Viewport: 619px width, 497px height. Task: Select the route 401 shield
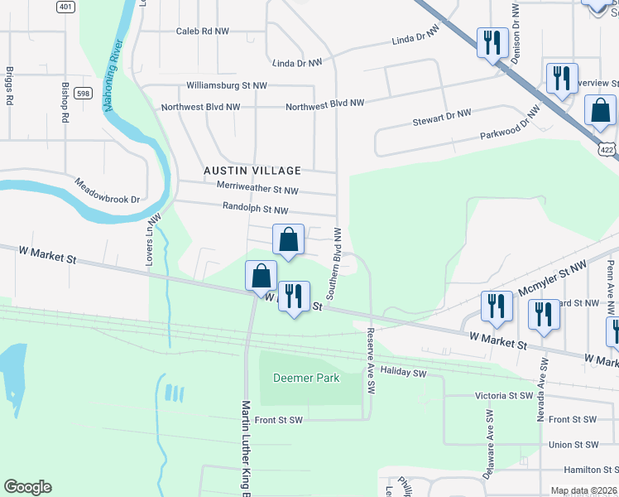(x=65, y=7)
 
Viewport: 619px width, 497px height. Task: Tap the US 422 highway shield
(x=607, y=150)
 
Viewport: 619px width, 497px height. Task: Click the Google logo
(x=27, y=487)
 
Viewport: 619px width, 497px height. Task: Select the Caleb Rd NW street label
(x=204, y=31)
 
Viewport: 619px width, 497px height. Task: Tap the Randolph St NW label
(x=255, y=210)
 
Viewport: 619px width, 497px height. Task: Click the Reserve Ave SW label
(x=370, y=361)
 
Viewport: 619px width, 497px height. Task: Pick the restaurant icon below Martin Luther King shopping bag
(x=293, y=297)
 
